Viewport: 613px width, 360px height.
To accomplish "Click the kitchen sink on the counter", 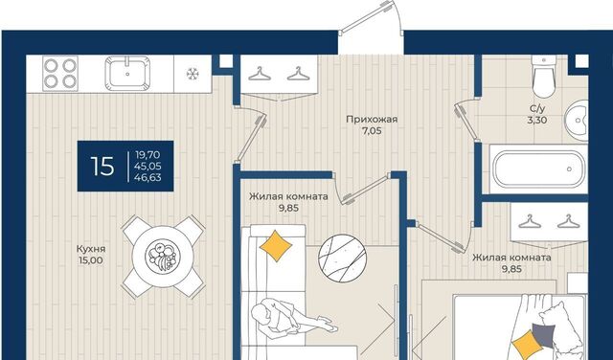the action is (x=127, y=73).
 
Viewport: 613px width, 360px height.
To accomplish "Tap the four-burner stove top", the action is (x=60, y=73).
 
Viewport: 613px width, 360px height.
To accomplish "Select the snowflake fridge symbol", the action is (x=193, y=74).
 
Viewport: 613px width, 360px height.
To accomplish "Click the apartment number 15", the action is (x=102, y=167).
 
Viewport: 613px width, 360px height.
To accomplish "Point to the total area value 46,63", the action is (x=148, y=178).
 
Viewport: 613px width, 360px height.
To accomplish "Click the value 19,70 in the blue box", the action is (x=148, y=155).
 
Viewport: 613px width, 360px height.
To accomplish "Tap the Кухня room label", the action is (x=91, y=249).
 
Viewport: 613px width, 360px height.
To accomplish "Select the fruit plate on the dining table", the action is (x=163, y=256).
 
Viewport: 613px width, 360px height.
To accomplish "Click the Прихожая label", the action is (x=372, y=120).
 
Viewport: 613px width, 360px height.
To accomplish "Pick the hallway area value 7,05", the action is (x=372, y=131).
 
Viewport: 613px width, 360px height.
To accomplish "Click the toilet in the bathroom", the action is (x=544, y=77).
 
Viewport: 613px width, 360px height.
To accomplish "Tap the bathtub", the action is (x=538, y=169).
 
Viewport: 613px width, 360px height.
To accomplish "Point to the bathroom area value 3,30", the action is (x=537, y=121).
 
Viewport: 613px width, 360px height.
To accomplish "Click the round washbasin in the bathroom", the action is (x=577, y=121).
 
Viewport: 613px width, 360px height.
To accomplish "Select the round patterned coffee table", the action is (x=343, y=258).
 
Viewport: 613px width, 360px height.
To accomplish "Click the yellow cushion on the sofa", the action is (x=276, y=246).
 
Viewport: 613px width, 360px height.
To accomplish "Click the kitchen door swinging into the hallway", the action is (x=251, y=134).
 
